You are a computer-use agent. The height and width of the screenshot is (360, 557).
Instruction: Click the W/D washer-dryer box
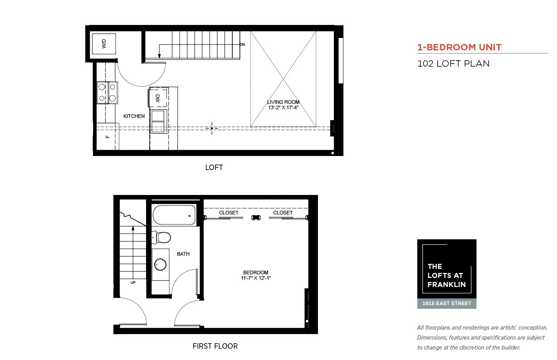click(x=104, y=44)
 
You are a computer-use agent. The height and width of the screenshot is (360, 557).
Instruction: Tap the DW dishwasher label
click(x=157, y=98)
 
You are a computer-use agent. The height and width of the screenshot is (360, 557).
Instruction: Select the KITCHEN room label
click(x=134, y=116)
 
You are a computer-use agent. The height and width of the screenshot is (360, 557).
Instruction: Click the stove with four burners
click(x=107, y=92)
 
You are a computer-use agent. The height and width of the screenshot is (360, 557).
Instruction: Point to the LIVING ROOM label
click(x=283, y=102)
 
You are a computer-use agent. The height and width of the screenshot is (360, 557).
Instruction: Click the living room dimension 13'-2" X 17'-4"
click(x=283, y=107)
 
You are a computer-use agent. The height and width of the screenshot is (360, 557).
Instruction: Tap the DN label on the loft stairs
click(x=243, y=44)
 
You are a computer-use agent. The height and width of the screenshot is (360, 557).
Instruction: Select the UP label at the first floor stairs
click(x=133, y=282)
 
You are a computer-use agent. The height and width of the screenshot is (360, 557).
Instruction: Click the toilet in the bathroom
click(x=161, y=238)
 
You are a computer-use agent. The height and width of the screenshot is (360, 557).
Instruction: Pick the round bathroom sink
click(x=161, y=264)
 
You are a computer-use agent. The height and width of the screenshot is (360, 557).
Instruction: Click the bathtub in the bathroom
click(x=174, y=215)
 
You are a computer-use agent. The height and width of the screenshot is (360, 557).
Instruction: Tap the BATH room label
click(x=183, y=254)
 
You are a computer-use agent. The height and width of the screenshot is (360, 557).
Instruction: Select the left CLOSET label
click(x=229, y=213)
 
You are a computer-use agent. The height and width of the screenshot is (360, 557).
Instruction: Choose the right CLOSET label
click(x=283, y=213)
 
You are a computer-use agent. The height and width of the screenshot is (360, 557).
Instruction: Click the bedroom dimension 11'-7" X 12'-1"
click(x=256, y=278)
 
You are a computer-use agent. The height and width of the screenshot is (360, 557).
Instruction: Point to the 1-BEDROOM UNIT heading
click(x=459, y=47)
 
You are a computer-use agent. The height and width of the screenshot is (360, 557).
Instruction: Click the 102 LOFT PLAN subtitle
click(x=453, y=63)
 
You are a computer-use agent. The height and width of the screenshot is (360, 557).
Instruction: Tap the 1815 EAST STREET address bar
click(x=447, y=303)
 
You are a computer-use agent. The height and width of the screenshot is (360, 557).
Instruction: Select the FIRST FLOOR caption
click(x=215, y=346)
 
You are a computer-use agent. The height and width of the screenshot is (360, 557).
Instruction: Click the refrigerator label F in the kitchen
click(x=107, y=136)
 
